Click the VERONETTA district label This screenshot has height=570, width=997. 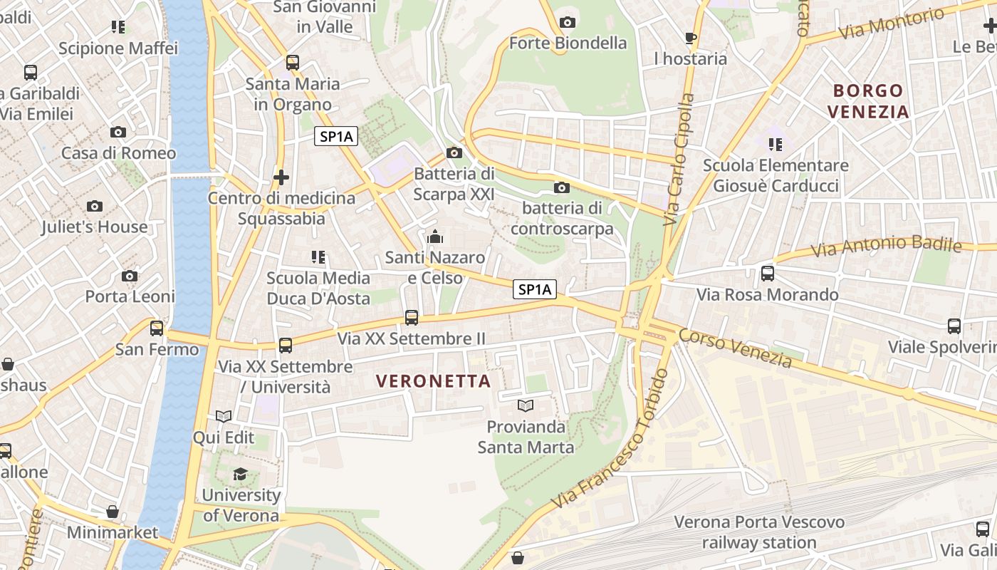point(434,380)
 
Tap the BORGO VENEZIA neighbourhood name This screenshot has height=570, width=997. point(869,101)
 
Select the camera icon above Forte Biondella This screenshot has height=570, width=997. point(568,23)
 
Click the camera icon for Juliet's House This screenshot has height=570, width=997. point(94,207)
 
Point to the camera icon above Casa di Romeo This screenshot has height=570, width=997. point(118,132)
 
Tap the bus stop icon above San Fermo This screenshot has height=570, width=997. point(157,328)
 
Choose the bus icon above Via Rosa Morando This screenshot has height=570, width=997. point(768,273)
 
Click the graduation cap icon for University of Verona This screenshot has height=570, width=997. point(241,475)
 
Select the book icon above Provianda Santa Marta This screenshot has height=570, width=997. point(526,406)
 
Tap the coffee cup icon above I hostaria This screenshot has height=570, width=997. point(690,38)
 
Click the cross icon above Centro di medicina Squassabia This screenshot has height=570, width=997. point(281,177)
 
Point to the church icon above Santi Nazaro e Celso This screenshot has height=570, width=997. point(434,237)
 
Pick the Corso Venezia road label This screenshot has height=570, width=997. point(735,348)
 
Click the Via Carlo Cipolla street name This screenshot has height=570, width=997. point(679,160)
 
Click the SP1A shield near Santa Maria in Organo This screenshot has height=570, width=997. point(336,137)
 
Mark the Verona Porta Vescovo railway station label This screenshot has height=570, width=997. point(759,532)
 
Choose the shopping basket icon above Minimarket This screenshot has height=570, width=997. point(112,512)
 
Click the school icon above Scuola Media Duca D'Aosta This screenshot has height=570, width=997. point(318,256)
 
